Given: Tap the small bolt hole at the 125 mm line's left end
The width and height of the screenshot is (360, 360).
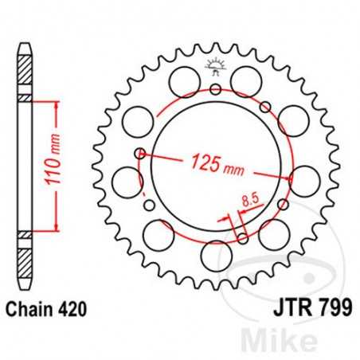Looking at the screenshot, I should (140, 152).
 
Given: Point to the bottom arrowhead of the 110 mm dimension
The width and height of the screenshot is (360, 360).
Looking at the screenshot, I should (53, 227).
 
